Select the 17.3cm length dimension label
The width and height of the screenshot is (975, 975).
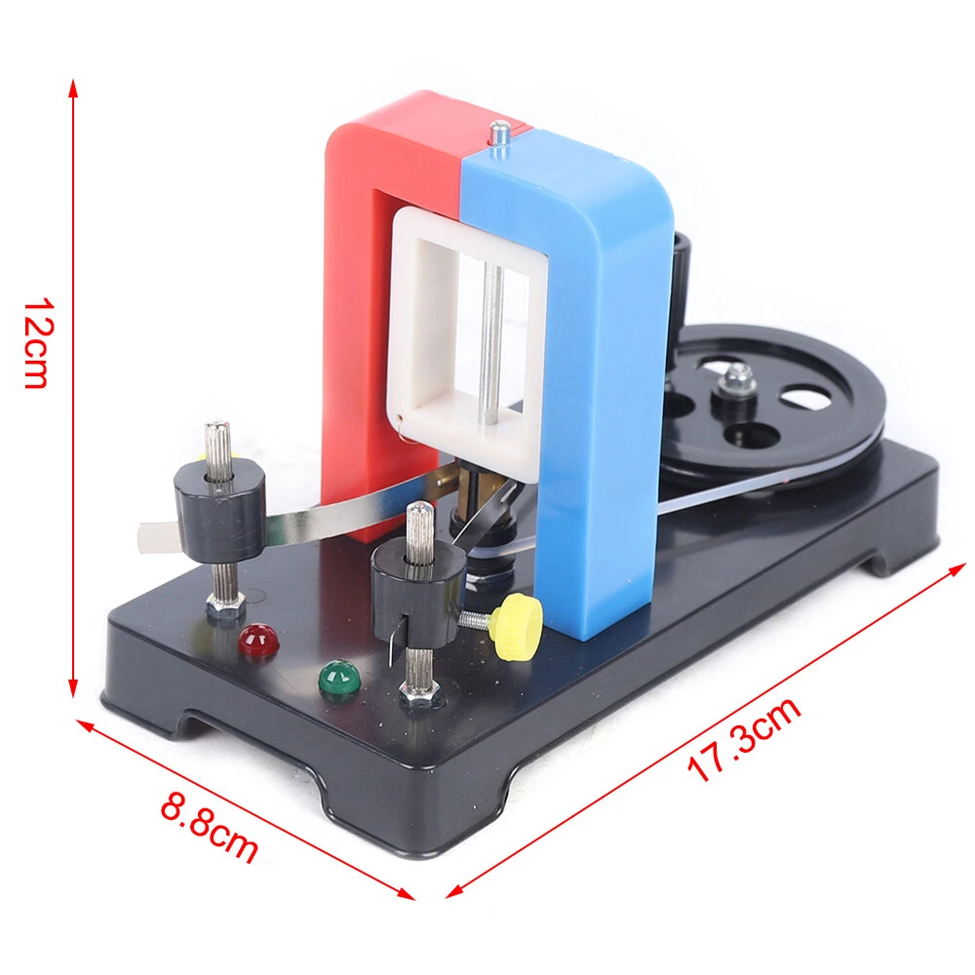[743, 738]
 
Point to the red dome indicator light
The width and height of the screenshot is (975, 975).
[258, 640]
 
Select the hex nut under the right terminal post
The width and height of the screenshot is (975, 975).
[420, 695]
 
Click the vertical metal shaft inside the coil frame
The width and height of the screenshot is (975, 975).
[493, 341]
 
